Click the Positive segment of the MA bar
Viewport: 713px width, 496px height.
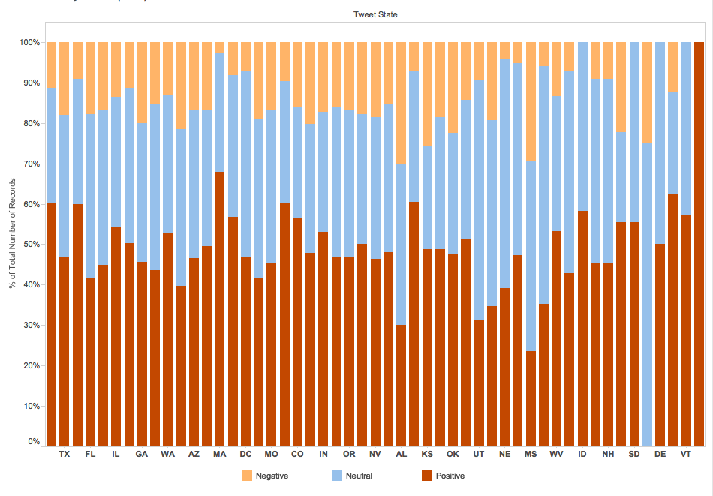point(219,309)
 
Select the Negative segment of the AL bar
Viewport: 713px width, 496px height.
point(401,103)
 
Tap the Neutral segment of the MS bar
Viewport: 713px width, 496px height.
point(531,256)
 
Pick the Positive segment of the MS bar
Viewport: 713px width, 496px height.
point(531,398)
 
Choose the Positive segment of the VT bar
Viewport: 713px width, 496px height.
point(686,331)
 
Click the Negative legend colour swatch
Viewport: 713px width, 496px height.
point(247,476)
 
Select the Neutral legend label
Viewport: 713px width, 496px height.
point(359,476)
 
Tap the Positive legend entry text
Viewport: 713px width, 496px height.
point(450,476)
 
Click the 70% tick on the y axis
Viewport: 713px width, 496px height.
point(43,164)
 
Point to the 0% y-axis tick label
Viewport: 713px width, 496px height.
point(34,441)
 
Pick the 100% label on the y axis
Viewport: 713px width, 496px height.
point(29,42)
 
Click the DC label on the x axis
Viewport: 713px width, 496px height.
point(245,454)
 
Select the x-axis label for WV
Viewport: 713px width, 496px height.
point(557,454)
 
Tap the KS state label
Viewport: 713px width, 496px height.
point(427,454)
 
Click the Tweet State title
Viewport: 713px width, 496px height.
point(375,14)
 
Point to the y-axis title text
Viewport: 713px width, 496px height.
point(12,233)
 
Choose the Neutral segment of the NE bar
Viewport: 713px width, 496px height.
point(505,173)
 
